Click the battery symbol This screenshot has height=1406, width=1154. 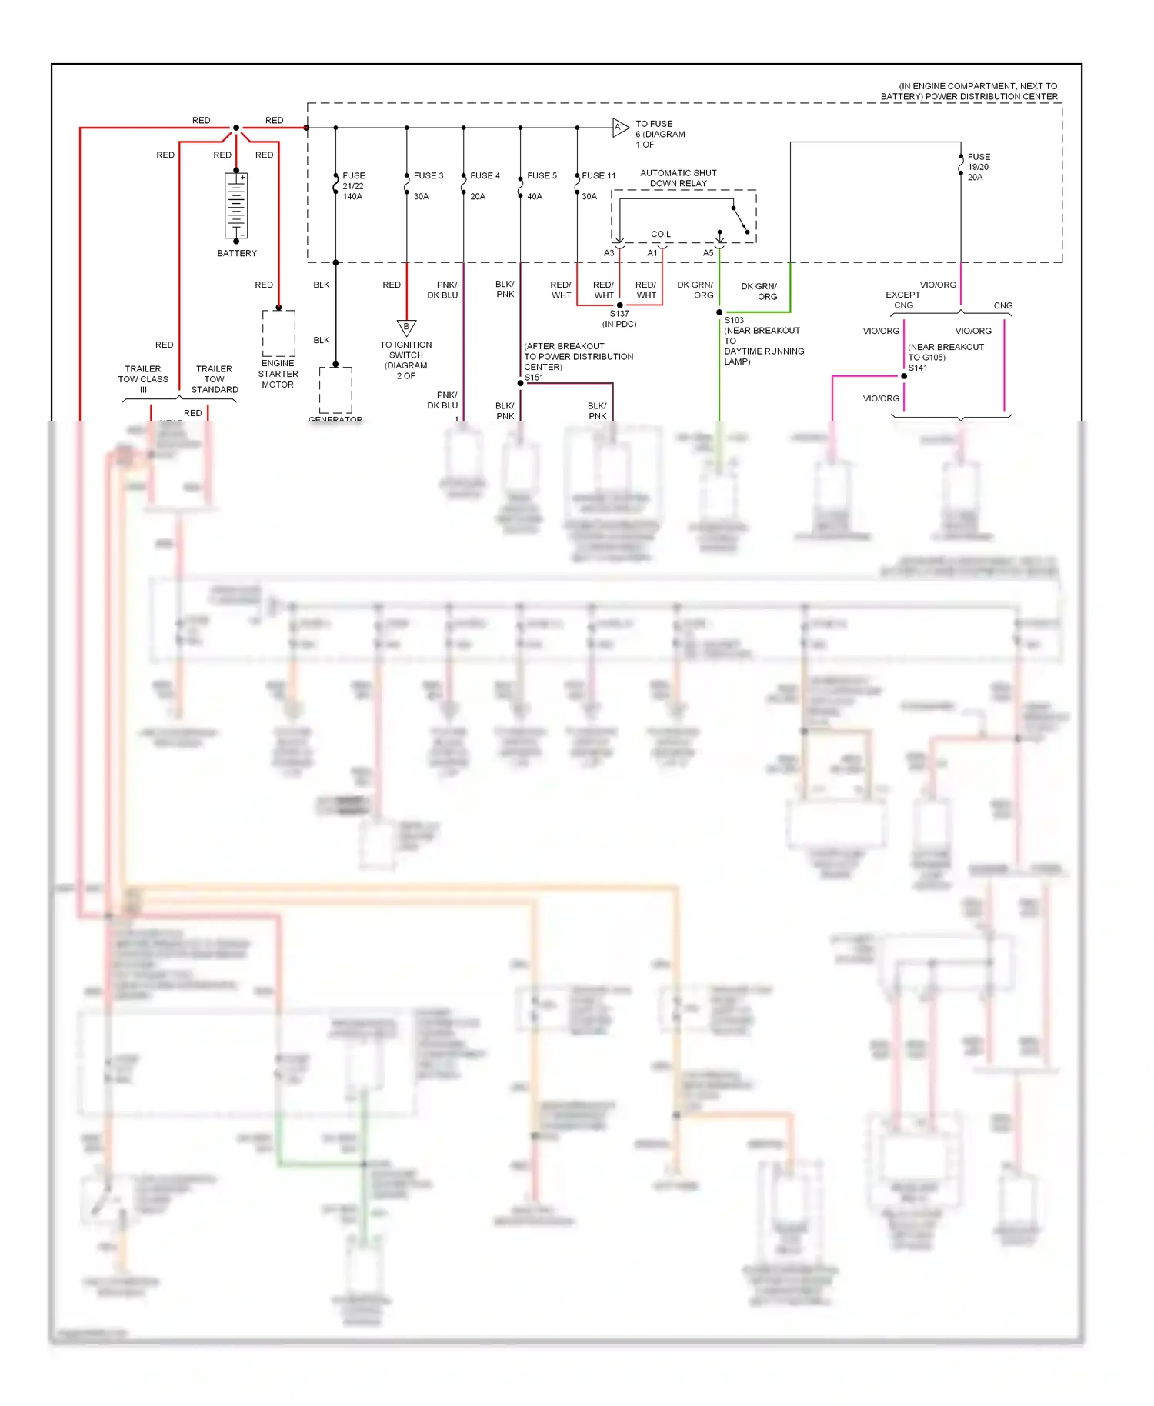236,206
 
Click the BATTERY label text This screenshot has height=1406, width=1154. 237,253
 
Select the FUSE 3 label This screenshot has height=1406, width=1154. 429,176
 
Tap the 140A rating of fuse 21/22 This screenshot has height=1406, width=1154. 352,197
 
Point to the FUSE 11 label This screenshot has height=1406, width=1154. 599,176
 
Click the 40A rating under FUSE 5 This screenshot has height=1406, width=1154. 535,197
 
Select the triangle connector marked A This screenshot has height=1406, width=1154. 619,128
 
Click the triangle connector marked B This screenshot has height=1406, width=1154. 406,328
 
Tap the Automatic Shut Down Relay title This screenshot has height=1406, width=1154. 678,178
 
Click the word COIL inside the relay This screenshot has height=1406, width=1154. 661,235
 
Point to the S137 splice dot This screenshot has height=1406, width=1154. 620,305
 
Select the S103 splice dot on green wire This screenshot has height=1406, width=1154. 719,312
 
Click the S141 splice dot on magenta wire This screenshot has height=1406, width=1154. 904,376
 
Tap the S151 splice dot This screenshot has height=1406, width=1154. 521,383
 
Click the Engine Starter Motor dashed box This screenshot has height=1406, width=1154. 278,333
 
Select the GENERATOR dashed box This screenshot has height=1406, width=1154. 335,390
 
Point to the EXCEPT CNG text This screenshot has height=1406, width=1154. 902,300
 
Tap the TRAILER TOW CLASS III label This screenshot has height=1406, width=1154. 143,379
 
